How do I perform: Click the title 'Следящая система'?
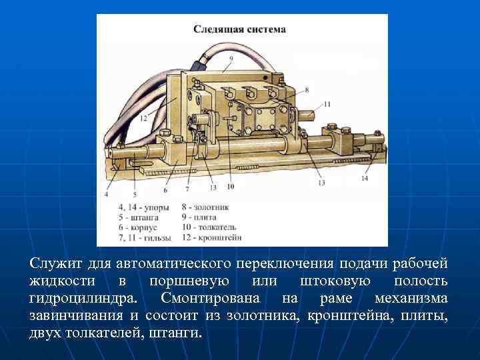[x=239, y=29]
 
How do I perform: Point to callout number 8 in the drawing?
[x=306, y=89]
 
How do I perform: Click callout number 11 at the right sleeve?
[x=327, y=104]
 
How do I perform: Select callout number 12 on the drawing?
[x=144, y=119]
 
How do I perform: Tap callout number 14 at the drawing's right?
[x=364, y=178]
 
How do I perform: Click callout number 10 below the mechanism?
[x=230, y=187]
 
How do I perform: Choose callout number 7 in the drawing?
[x=187, y=189]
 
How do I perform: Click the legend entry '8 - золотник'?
[x=204, y=207]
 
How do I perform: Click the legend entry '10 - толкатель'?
[x=209, y=227]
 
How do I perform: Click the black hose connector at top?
[x=199, y=64]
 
